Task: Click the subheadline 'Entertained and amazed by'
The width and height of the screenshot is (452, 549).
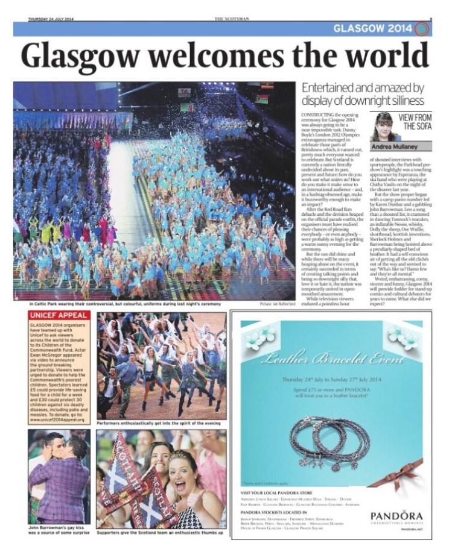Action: click(x=363, y=89)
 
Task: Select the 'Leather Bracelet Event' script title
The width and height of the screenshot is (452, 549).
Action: click(x=331, y=359)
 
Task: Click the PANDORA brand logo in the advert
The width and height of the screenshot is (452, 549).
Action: click(x=396, y=516)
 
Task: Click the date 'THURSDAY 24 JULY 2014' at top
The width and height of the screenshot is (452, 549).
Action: click(x=55, y=19)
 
